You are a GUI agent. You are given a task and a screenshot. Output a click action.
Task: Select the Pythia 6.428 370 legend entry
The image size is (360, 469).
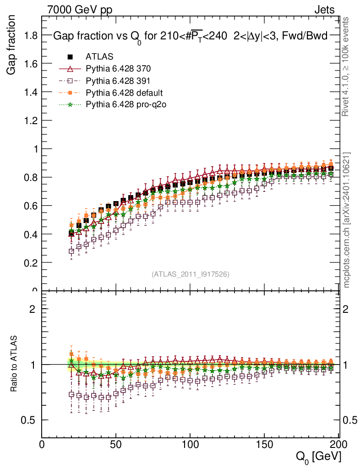pos(118,69)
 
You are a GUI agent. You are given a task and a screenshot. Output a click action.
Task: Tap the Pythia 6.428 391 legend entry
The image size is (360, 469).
pos(118,81)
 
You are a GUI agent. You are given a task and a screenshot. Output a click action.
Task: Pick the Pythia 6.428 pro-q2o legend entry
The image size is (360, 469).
pos(125,104)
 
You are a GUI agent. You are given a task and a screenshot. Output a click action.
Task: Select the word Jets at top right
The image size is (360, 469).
pos(324,10)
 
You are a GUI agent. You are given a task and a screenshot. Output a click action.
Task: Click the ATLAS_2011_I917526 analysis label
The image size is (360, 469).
pos(191,274)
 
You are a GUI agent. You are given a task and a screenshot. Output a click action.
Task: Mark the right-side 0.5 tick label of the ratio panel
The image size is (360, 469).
pos(349,420)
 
